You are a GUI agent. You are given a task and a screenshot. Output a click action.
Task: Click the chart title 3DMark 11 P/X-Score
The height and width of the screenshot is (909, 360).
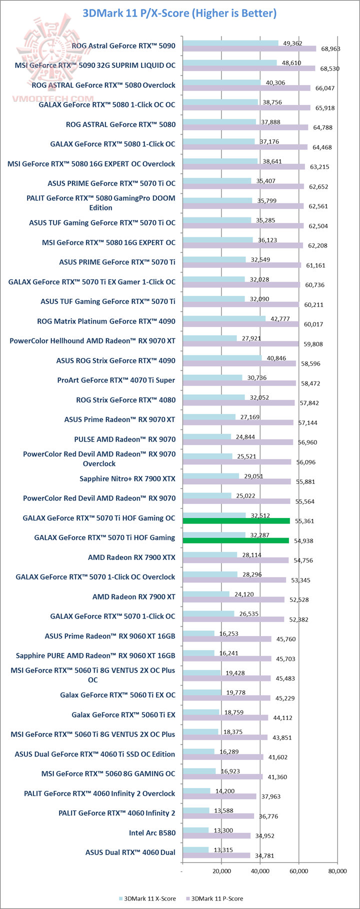180,13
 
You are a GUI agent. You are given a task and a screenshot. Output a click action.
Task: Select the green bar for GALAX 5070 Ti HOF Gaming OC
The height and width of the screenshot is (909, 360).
236,521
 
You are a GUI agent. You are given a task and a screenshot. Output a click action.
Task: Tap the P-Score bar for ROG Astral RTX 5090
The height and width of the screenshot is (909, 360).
249,49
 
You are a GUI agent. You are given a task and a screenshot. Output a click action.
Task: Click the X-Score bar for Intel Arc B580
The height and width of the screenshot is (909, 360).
195,830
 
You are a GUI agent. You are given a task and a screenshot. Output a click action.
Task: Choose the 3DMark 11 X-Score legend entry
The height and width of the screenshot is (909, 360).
147,898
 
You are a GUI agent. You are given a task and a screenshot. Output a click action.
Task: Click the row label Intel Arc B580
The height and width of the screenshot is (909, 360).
152,833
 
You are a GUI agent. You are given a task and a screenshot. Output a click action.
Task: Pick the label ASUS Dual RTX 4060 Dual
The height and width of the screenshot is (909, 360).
130,852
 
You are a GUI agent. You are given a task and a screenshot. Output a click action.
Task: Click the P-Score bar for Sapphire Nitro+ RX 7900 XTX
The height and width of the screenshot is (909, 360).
236,481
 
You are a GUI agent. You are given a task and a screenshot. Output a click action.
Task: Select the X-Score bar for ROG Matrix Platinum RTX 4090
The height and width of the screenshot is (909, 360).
224,318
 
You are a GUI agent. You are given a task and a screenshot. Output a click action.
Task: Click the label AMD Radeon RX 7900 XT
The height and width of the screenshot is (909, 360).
134,596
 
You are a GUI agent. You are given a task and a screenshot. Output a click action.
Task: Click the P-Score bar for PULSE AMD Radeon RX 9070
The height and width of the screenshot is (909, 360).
238,442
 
